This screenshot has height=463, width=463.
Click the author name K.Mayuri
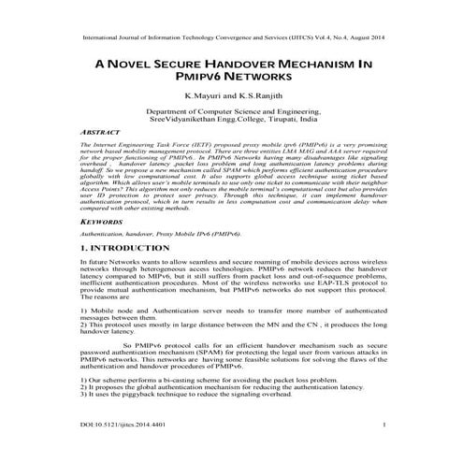(204, 97)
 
